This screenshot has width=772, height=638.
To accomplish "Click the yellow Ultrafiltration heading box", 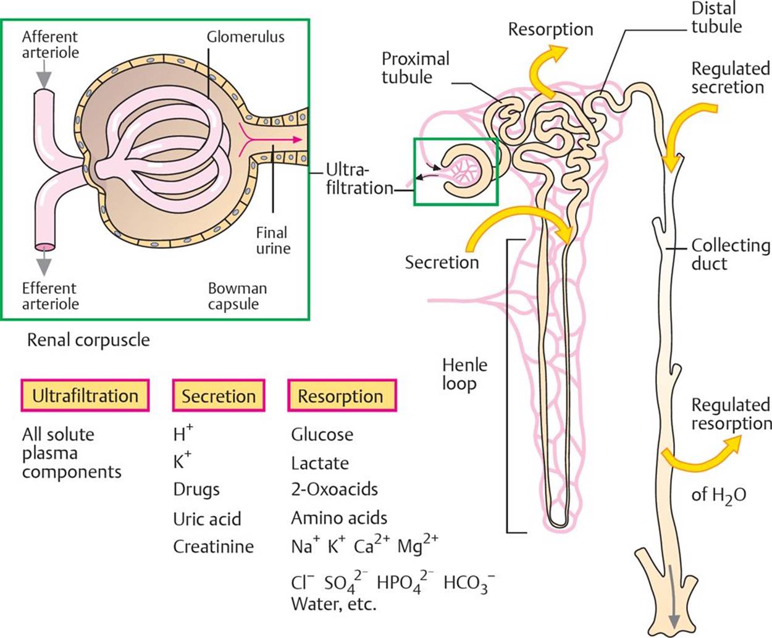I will click(x=85, y=395).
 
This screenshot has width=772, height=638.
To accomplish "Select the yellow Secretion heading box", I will click(x=219, y=396).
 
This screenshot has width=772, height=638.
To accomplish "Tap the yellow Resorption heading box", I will click(x=341, y=396).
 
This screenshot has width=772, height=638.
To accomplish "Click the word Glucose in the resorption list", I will click(x=322, y=435).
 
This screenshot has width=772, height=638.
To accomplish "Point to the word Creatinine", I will click(x=213, y=547).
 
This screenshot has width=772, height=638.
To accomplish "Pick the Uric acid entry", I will click(x=207, y=519).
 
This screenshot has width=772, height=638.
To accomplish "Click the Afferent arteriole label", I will click(x=51, y=44).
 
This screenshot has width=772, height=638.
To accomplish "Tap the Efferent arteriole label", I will click(x=51, y=296).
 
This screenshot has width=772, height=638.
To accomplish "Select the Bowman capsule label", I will click(x=237, y=296).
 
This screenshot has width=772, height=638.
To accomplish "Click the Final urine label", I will click(x=273, y=241).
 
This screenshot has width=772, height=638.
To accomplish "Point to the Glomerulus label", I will click(x=245, y=36).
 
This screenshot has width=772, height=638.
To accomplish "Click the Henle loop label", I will click(x=464, y=374).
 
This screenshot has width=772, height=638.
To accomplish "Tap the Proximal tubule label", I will click(x=415, y=68).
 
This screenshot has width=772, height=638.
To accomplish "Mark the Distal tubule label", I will click(x=716, y=17).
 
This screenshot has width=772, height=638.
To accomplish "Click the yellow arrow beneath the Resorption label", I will click(x=546, y=71).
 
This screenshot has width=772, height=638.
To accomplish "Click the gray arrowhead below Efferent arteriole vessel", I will click(x=44, y=265).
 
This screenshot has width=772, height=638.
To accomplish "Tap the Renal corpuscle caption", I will click(x=88, y=340).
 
